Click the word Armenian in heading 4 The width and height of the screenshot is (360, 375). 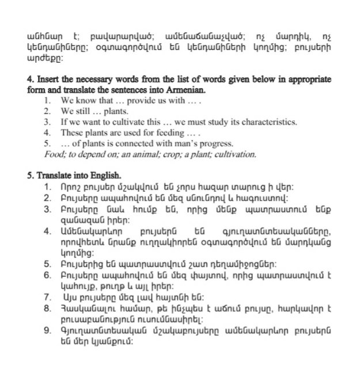pos(187,90)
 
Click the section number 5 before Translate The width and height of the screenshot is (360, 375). pos(29,175)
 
